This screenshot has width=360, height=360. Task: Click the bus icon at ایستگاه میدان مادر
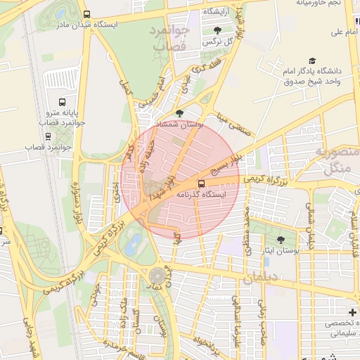click(86, 14)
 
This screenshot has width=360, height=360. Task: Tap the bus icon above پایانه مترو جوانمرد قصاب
click(61, 102)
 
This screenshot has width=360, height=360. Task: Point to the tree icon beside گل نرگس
click(216, 30)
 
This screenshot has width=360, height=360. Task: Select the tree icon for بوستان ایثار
click(281, 240)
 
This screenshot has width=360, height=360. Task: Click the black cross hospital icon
click(352, 312)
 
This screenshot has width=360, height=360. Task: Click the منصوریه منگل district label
click(337, 161)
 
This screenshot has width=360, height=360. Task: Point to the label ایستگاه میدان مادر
click(125, 24)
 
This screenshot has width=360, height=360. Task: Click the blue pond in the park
click(131, 246)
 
